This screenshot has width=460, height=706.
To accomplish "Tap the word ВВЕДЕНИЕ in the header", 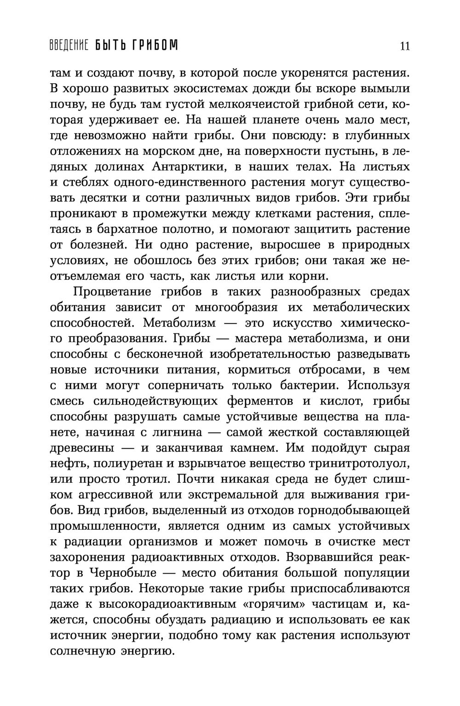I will (69, 45).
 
